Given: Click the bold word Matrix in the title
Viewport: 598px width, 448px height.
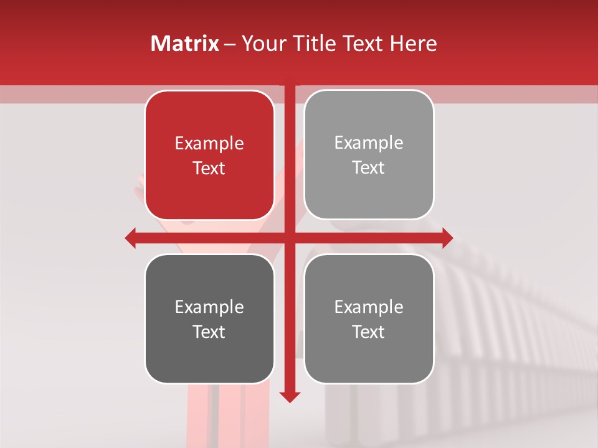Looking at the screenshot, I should click(185, 44).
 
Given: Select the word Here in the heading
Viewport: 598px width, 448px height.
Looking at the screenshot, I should click(413, 44).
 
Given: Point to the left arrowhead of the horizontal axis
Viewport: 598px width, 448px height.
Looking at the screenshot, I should click(130, 238).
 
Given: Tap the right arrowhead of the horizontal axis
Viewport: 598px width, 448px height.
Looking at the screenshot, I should click(447, 238).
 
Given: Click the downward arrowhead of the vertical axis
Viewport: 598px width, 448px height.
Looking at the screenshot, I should click(290, 396).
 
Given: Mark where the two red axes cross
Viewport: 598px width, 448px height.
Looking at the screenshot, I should click(290, 238).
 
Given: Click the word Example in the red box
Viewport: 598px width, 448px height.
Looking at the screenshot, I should click(209, 144).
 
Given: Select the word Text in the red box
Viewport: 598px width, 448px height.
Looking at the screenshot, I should click(209, 168).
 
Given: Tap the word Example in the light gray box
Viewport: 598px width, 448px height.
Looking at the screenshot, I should click(369, 143).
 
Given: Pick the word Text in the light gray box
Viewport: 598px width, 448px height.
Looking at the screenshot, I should click(369, 167).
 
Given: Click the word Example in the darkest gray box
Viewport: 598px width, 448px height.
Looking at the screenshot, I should click(209, 307).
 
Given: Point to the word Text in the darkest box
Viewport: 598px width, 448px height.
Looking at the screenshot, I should click(209, 332).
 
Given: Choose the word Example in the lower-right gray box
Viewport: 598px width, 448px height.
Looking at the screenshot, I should click(369, 307).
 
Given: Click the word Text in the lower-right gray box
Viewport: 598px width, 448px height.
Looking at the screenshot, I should click(369, 332).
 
